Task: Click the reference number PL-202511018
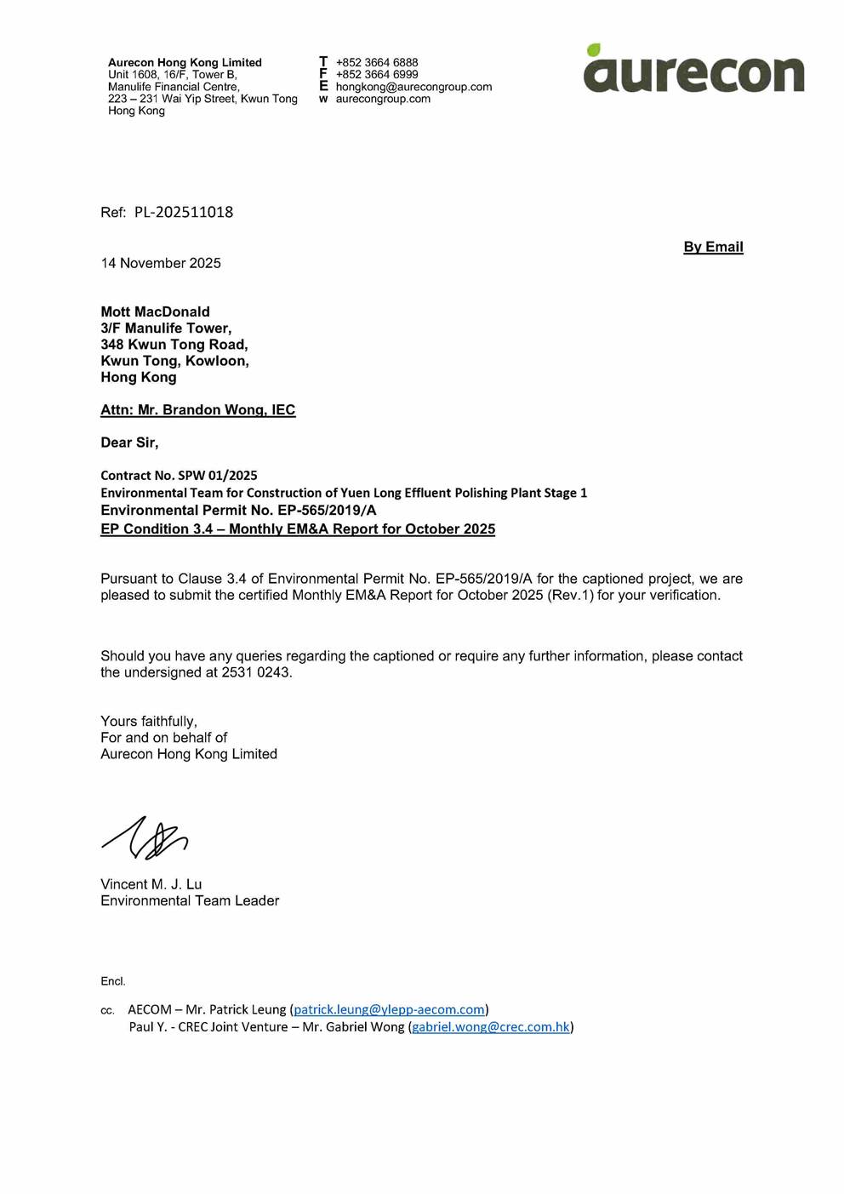pyautogui.click(x=183, y=212)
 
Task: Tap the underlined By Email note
pyautogui.click(x=713, y=247)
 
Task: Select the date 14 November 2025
pyautogui.click(x=161, y=263)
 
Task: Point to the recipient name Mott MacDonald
pyautogui.click(x=155, y=311)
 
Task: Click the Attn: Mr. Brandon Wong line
pyautogui.click(x=197, y=409)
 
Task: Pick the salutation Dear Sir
pyautogui.click(x=129, y=443)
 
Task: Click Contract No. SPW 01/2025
pyautogui.click(x=179, y=475)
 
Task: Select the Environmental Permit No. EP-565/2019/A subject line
pyautogui.click(x=238, y=510)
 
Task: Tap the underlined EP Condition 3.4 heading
pyautogui.click(x=298, y=528)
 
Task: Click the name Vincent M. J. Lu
pyautogui.click(x=151, y=884)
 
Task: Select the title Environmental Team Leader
pyautogui.click(x=190, y=900)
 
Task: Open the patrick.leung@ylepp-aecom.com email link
pyautogui.click(x=389, y=1009)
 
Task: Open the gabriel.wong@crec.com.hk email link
pyautogui.click(x=491, y=1026)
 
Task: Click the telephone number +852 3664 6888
pyautogui.click(x=377, y=62)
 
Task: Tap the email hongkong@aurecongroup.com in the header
pyautogui.click(x=413, y=87)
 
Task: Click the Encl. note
pyautogui.click(x=113, y=981)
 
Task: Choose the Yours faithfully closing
pyautogui.click(x=149, y=721)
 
